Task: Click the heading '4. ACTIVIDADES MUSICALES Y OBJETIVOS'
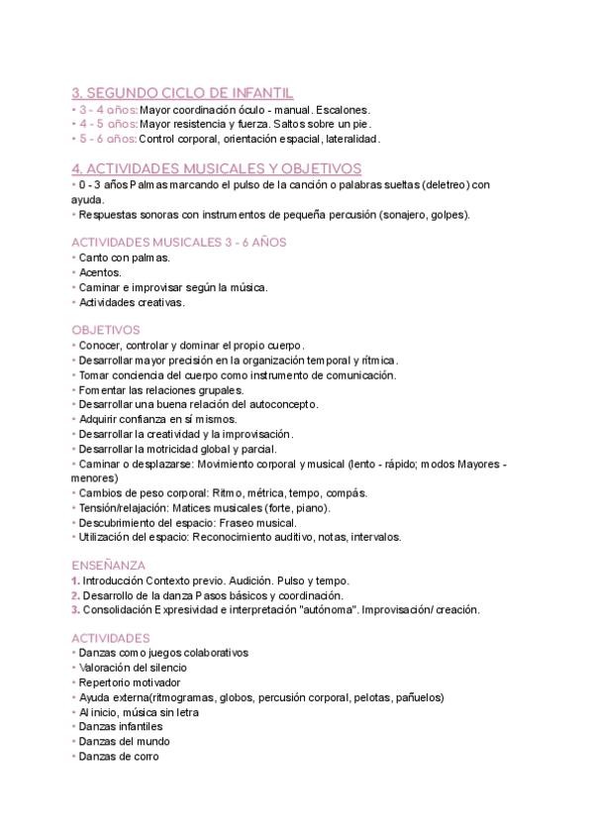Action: point(217,168)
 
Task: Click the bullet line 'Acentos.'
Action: point(100,272)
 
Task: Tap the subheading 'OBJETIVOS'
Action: point(106,330)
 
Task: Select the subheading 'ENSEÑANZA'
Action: point(108,565)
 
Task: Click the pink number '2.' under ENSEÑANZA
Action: point(76,595)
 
